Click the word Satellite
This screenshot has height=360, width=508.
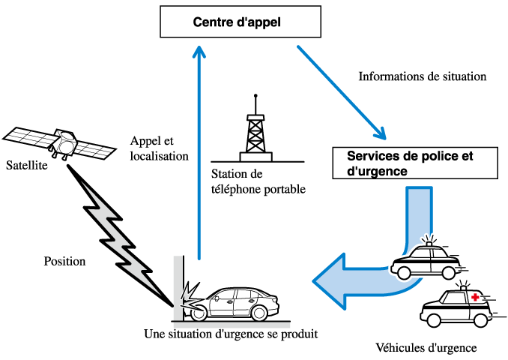coord(27,165)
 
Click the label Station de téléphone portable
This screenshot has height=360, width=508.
coord(258,182)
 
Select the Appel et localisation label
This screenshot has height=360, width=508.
coord(159,148)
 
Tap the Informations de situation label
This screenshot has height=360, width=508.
coord(423,76)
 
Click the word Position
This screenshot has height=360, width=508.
coord(64,262)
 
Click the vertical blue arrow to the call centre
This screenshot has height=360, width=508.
coord(199,150)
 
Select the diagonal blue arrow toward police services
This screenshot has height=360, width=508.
coord(341,92)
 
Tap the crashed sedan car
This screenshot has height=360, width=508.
coord(232,301)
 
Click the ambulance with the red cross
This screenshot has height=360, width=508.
coord(453,306)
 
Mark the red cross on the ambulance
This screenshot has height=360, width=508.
coord(474,298)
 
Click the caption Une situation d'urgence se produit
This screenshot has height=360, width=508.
coord(231,332)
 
